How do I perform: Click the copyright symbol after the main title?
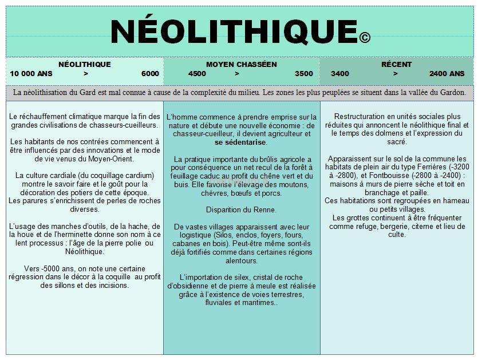point(365,38)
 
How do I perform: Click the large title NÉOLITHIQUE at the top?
point(232,30)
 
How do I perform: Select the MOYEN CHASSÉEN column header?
point(241,65)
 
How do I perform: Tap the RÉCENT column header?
point(397,65)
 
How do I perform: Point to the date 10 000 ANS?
point(31,74)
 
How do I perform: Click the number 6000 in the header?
point(150,74)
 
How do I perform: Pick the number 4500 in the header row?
point(197,74)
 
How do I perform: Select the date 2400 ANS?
point(447,74)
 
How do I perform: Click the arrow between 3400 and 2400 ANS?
point(394,74)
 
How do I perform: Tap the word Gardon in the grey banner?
point(452,92)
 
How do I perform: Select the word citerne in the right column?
point(425,226)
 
